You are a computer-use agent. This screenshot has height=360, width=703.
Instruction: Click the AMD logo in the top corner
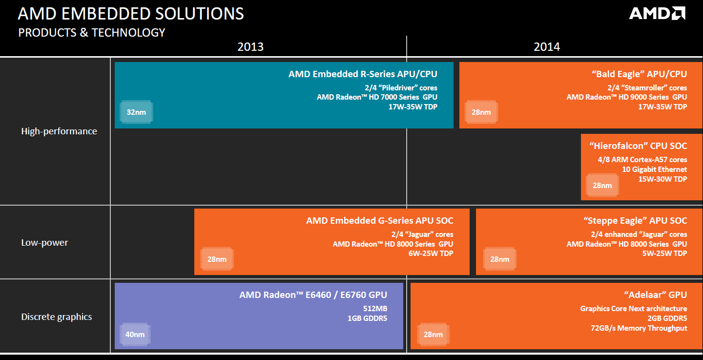(657, 14)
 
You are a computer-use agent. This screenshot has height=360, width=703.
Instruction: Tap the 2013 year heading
(250, 47)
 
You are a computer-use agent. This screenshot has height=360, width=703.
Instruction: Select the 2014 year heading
(547, 47)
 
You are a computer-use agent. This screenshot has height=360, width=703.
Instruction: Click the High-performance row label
(59, 131)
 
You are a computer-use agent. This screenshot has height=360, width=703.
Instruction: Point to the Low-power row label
(44, 242)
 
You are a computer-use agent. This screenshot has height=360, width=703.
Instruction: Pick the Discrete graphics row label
(57, 317)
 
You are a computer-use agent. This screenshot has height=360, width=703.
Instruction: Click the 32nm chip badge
(136, 112)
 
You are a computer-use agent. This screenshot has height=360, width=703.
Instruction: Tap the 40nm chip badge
(135, 334)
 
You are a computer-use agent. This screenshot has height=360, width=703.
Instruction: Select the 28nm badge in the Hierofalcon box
(602, 185)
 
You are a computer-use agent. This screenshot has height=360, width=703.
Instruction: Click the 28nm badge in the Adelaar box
(433, 334)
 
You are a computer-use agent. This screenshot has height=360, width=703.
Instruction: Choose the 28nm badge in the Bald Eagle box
(481, 112)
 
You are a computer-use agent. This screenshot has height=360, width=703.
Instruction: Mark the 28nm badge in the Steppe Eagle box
(499, 259)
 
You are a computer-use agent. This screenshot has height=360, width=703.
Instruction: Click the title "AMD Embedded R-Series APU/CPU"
(363, 74)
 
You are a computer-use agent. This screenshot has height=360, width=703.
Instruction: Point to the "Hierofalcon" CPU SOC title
(638, 146)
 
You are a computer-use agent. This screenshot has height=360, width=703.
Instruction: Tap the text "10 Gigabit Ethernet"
(654, 169)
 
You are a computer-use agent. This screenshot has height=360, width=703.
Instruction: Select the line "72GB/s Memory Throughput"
(639, 328)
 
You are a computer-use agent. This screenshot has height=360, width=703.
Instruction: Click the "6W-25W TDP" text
(431, 254)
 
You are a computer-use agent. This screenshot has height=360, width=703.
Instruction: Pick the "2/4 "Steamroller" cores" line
(647, 87)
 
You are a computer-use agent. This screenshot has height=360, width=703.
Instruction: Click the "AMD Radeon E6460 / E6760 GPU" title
(313, 295)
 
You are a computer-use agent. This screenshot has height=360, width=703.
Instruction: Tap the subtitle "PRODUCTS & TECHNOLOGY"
(92, 33)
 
